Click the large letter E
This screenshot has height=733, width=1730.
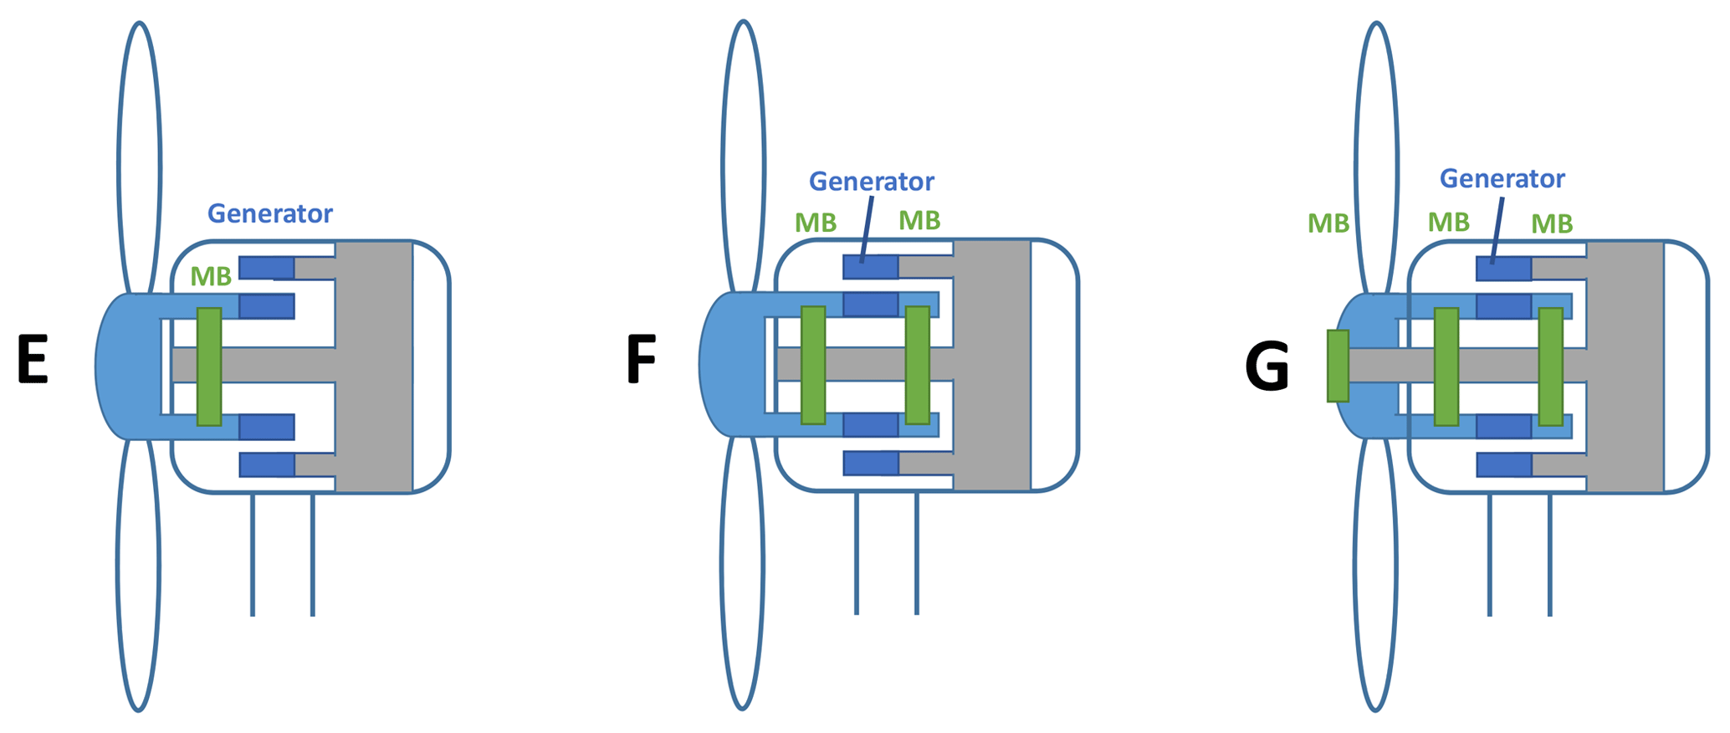click(33, 361)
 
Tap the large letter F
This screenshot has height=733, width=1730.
click(641, 360)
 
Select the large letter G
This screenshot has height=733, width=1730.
click(1267, 367)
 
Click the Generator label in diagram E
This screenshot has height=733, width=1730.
click(269, 214)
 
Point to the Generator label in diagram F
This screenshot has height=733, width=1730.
click(871, 182)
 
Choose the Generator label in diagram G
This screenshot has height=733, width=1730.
click(1502, 179)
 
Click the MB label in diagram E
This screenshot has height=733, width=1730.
click(211, 277)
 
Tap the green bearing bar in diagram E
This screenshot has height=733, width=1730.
click(209, 366)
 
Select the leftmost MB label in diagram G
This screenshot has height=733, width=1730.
click(1328, 223)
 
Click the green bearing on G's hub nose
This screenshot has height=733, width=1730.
click(1338, 366)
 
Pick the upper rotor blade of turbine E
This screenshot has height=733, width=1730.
click(140, 159)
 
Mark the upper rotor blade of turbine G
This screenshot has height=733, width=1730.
click(1376, 159)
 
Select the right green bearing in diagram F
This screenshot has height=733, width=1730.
click(918, 365)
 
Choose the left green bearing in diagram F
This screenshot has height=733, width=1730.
click(813, 365)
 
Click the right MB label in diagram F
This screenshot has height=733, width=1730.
click(919, 221)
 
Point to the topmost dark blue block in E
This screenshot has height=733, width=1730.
click(267, 268)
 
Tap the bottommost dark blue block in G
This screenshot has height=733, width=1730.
click(1504, 464)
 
